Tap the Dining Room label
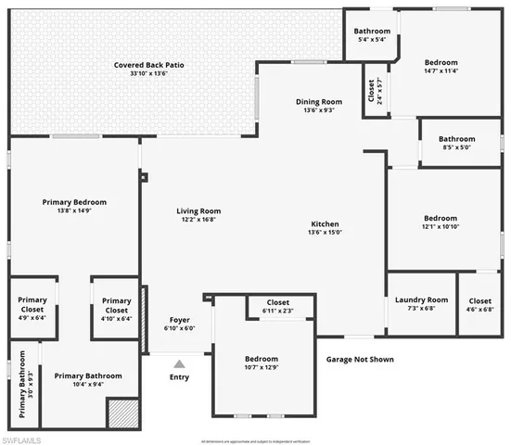[x=319, y=102]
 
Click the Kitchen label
[x=325, y=224]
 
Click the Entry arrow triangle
[x=179, y=362]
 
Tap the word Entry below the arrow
[x=179, y=377]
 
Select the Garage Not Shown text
[x=362, y=358]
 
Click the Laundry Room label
[x=421, y=299]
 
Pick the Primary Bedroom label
[x=74, y=202]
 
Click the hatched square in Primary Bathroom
[x=121, y=413]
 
